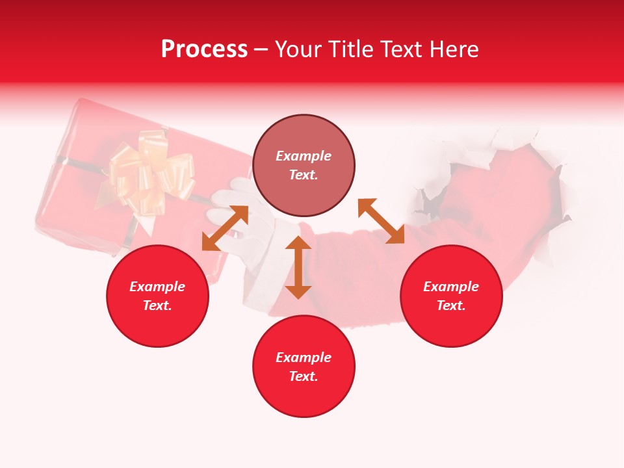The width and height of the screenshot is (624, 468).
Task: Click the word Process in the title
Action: click(204, 49)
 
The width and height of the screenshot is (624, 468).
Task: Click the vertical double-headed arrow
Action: click(298, 267)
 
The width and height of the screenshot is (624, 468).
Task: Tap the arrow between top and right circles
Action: click(381, 221)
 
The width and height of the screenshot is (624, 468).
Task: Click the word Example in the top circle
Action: click(304, 156)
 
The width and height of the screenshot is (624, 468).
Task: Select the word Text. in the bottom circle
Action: click(304, 376)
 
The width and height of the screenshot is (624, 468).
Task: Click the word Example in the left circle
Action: click(157, 287)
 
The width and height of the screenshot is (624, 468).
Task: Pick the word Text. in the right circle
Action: click(451, 305)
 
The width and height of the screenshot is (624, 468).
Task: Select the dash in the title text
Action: click(261, 50)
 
